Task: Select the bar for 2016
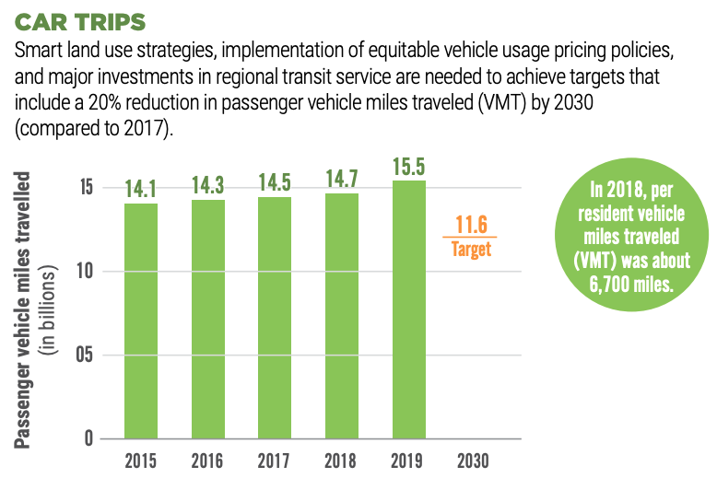tap(207, 319)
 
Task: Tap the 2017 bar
tap(275, 317)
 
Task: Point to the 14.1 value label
tap(141, 190)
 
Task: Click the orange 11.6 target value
tap(471, 224)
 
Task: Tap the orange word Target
tap(471, 249)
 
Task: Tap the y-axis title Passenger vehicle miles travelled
tap(24, 309)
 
